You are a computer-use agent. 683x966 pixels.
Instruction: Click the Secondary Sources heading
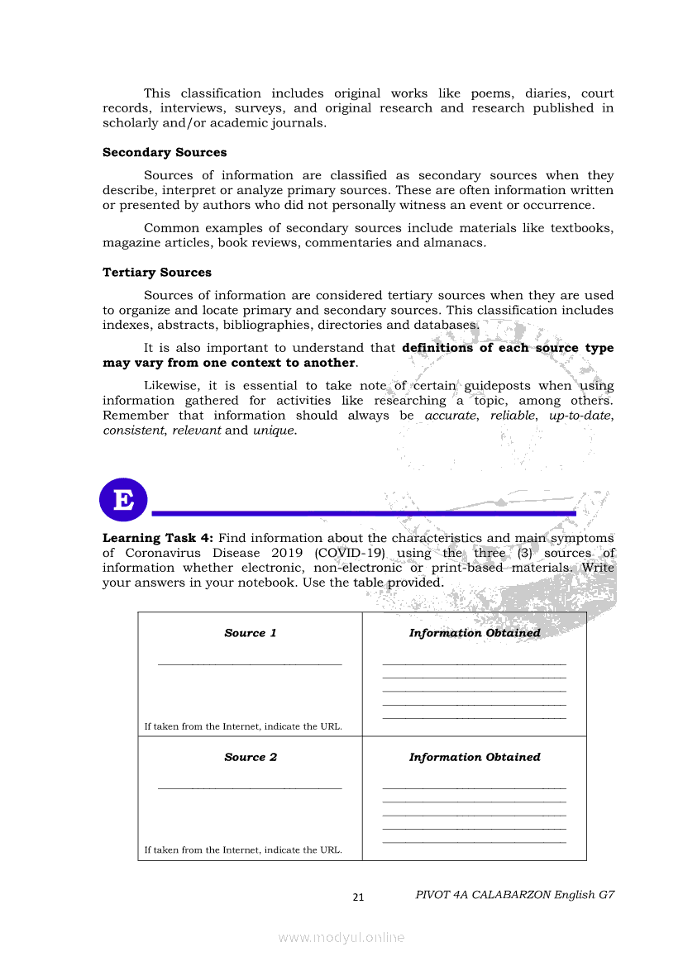pyautogui.click(x=165, y=153)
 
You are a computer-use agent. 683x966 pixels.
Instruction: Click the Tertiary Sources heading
pyautogui.click(x=157, y=273)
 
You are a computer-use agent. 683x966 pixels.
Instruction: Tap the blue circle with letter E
pyautogui.click(x=123, y=500)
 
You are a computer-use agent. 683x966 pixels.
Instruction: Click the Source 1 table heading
pyautogui.click(x=251, y=633)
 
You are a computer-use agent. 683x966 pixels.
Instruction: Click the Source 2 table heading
pyautogui.click(x=251, y=757)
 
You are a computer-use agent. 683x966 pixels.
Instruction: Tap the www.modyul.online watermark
pyautogui.click(x=341, y=937)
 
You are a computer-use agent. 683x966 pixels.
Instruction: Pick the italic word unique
pyautogui.click(x=274, y=431)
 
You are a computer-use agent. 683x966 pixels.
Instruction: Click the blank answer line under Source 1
pyautogui.click(x=250, y=663)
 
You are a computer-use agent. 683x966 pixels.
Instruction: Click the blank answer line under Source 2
pyautogui.click(x=250, y=787)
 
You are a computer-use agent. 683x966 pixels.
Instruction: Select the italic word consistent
pyautogui.click(x=134, y=431)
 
